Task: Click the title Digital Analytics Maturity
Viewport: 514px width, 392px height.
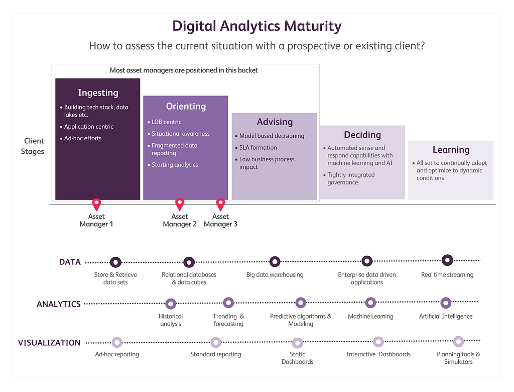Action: coord(257,26)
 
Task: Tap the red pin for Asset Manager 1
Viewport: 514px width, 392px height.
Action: coord(96,204)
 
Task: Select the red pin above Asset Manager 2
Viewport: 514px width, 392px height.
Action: coord(180,204)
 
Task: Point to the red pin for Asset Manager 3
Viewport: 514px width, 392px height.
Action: coord(221,205)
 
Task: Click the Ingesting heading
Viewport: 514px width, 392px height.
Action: coord(98,93)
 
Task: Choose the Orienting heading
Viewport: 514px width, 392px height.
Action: coord(186,107)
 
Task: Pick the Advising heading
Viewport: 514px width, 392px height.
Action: coord(275,122)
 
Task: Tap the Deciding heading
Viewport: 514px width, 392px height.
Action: coord(362,135)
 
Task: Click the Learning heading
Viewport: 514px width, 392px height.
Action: coord(451,150)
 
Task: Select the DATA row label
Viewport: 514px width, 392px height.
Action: coord(70,262)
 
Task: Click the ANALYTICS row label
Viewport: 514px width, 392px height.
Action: coord(59,305)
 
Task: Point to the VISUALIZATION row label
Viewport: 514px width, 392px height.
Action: coord(49,343)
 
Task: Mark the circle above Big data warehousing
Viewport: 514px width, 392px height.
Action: coord(275,262)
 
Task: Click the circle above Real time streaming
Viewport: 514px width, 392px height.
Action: coord(447,260)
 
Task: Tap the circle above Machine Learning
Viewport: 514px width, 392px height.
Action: coord(370,303)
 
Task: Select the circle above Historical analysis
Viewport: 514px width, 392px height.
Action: coord(171,304)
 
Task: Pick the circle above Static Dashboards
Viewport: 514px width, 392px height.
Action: coord(297,343)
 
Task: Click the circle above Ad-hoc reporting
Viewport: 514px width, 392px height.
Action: coord(117,342)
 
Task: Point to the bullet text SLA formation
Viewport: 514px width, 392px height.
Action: coord(258,148)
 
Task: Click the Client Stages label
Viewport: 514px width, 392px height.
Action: coord(33,146)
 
